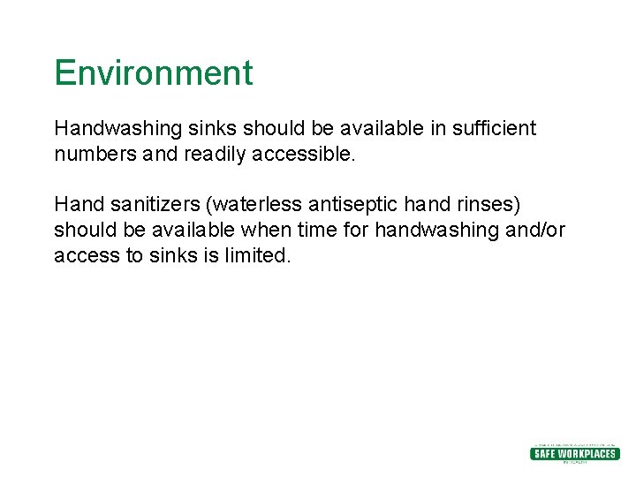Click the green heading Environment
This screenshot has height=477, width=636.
153,72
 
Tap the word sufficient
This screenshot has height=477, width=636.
494,128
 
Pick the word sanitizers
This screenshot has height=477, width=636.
150,205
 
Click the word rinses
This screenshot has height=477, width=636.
486,205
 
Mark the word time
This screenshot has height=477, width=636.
318,231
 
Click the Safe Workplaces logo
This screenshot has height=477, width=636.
574,453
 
